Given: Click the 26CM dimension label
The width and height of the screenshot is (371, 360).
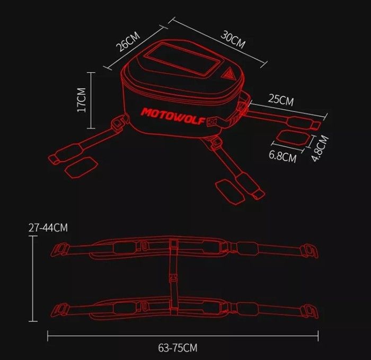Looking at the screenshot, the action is point(128,42).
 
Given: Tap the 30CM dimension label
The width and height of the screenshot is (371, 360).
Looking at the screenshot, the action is point(233,40).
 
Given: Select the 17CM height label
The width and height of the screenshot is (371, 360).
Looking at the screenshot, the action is point(82,100).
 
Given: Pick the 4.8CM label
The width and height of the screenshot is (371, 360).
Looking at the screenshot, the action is point(320,148).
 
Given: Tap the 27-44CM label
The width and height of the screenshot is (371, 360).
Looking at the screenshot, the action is point(48,227).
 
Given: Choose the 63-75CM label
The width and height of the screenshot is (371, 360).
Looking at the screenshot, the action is point(178,348).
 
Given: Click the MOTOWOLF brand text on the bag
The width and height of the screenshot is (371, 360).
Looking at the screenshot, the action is point(173,116).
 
